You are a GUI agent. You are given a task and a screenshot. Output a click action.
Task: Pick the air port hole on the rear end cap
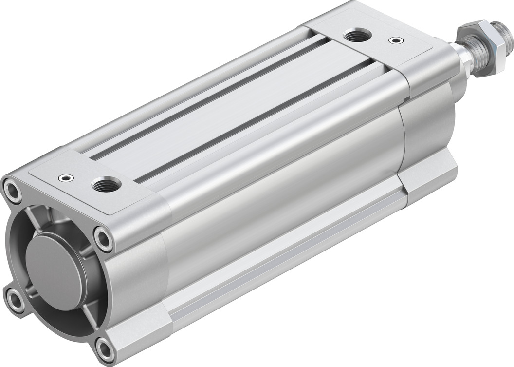(106, 184)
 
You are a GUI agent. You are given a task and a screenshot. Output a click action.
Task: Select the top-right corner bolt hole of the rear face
(104, 238)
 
